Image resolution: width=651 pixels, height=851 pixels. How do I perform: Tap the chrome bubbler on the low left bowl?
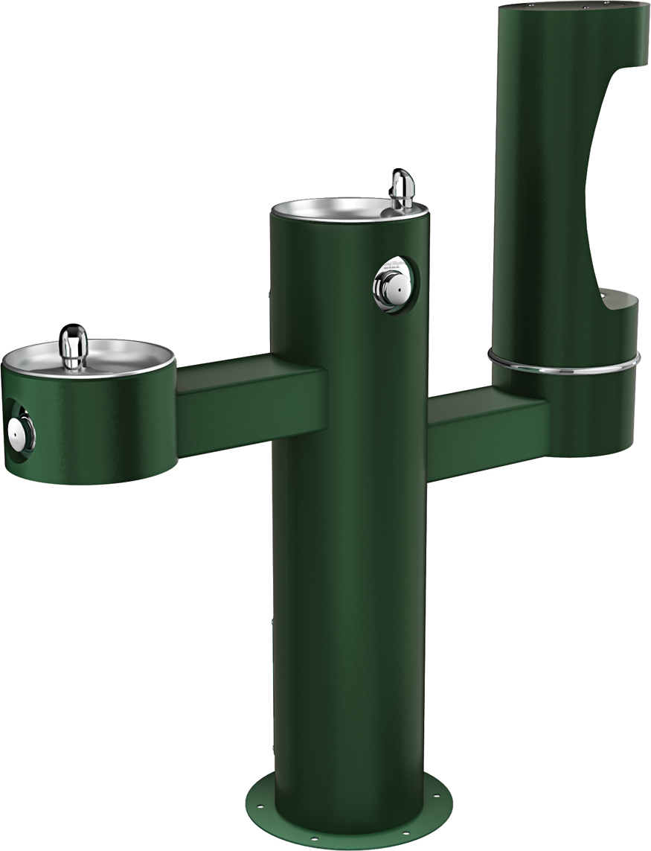73,345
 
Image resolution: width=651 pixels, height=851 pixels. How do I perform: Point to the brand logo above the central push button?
394,266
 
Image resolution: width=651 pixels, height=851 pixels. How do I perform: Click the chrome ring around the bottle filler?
563,363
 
